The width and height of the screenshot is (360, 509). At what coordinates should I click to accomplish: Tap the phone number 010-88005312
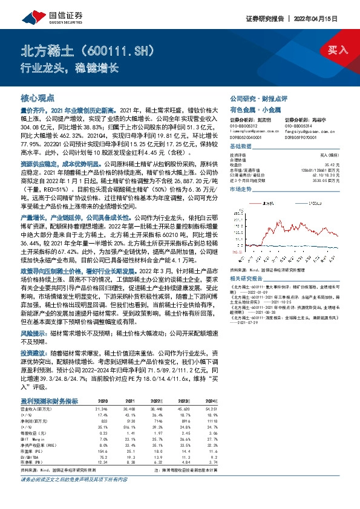pyautogui.click(x=243, y=127)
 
